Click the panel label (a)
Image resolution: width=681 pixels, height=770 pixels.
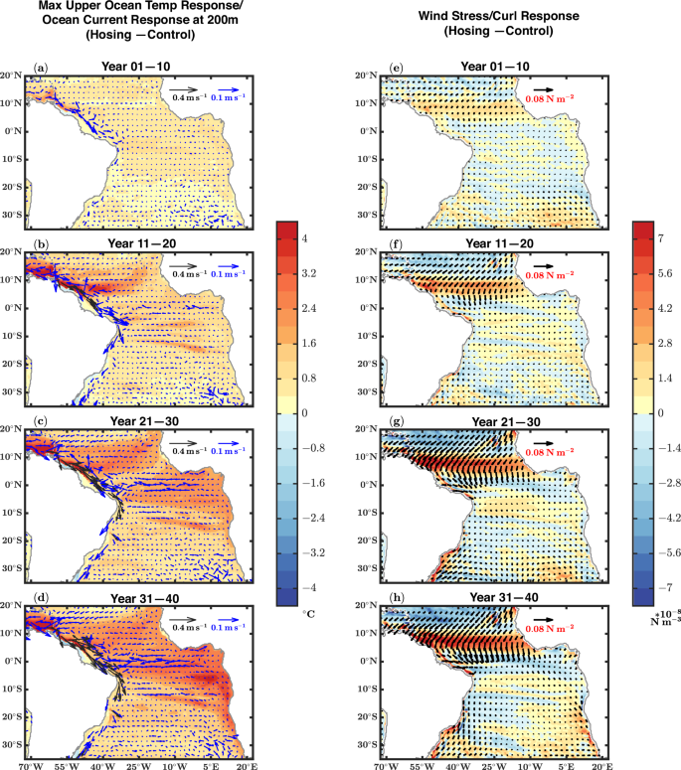[x=41, y=69]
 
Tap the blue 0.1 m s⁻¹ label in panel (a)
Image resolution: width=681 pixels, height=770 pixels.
[x=226, y=96]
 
